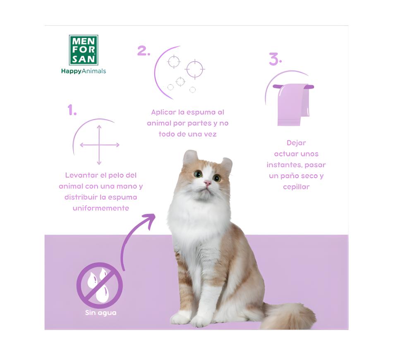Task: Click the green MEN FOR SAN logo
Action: pos(84,50)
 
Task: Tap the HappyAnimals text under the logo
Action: pos(84,71)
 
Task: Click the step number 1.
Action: pos(72,110)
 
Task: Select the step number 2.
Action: pos(144,51)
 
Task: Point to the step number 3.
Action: pos(275,59)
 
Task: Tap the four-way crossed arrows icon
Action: pos(99,145)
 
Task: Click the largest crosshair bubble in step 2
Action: pos(195,69)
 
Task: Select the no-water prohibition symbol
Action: pos(100,285)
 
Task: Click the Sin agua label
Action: pos(101,313)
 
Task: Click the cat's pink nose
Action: pos(208,183)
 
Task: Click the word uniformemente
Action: pos(101,208)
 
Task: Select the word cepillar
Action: pos(296,187)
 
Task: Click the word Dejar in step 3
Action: pos(296,143)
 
